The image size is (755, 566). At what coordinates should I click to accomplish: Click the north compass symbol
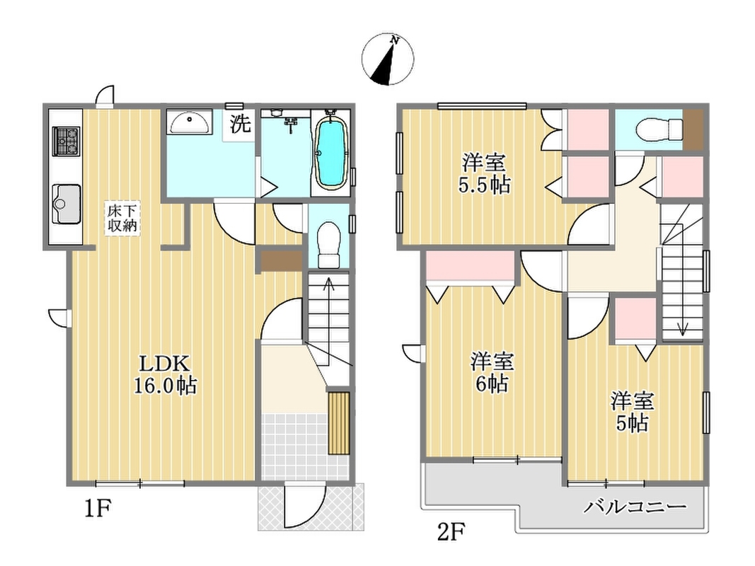tap(388, 59)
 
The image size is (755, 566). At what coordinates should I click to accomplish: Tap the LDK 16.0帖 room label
tap(165, 374)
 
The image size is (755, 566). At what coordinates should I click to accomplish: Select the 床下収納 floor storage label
tap(122, 219)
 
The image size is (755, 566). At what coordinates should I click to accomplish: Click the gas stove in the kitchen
tap(66, 141)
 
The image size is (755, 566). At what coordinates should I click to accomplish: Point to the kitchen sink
tap(67, 204)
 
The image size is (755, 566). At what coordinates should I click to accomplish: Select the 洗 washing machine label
tap(240, 124)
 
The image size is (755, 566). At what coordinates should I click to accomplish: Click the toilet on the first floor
tap(329, 244)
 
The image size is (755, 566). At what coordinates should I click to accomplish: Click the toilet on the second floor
tap(659, 129)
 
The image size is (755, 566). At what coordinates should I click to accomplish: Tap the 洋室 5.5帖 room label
tap(484, 173)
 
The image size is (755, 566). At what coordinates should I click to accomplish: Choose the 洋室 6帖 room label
tap(492, 373)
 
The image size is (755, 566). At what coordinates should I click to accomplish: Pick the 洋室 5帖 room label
tap(632, 412)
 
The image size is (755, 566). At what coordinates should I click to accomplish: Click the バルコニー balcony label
tap(635, 507)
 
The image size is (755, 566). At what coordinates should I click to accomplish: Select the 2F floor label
tap(451, 532)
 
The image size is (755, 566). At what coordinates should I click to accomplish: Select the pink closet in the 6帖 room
tap(470, 265)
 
